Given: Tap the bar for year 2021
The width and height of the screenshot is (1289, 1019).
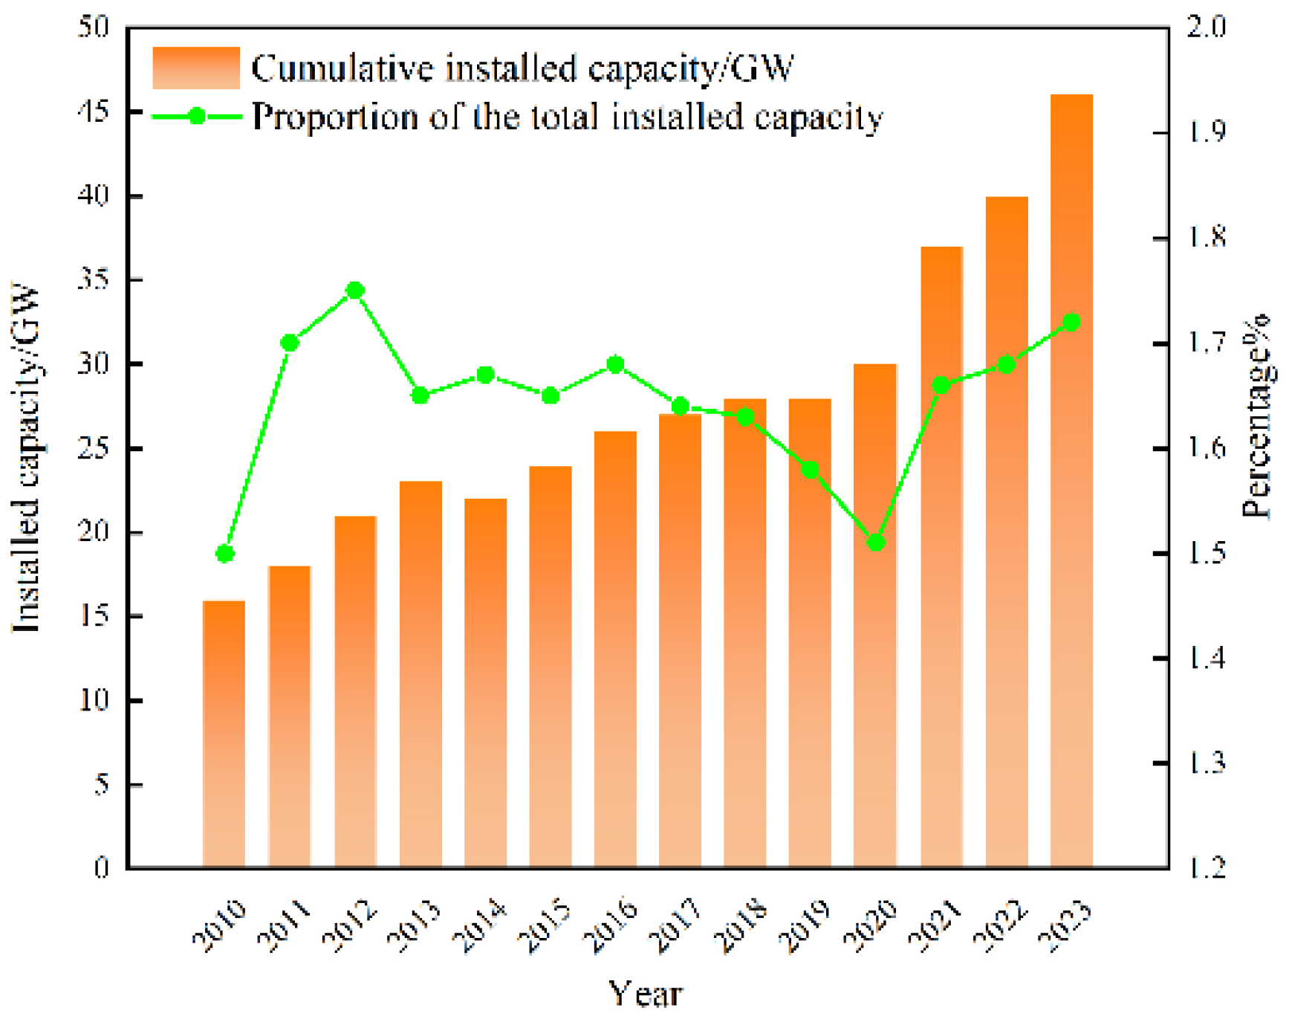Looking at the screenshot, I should pyautogui.click(x=941, y=557).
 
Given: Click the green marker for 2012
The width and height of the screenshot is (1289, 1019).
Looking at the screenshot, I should pyautogui.click(x=355, y=291).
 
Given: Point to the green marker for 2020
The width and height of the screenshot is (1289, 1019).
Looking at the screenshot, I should pyautogui.click(x=876, y=543).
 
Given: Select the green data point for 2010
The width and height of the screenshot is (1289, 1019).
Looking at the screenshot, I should pyautogui.click(x=224, y=554).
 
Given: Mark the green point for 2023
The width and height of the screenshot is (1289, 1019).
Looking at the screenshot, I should pyautogui.click(x=1071, y=322).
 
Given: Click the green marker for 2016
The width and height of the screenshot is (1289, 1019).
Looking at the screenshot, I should pyautogui.click(x=615, y=364).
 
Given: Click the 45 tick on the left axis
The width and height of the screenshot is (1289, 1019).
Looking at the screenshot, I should pyautogui.click(x=94, y=112).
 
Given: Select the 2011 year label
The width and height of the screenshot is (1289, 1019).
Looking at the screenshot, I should pyautogui.click(x=284, y=925).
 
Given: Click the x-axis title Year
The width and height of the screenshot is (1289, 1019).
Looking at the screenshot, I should pyautogui.click(x=645, y=994).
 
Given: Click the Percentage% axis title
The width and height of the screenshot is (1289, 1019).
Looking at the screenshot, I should pyautogui.click(x=1257, y=416).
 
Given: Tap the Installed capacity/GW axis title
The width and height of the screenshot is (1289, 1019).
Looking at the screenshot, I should pyautogui.click(x=27, y=457).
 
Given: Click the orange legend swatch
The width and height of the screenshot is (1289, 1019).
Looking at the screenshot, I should pyautogui.click(x=196, y=68).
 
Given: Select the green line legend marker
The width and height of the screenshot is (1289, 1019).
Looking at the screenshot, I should pyautogui.click(x=197, y=117).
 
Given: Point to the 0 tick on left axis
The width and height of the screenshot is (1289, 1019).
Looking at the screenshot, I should pyautogui.click(x=101, y=868).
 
